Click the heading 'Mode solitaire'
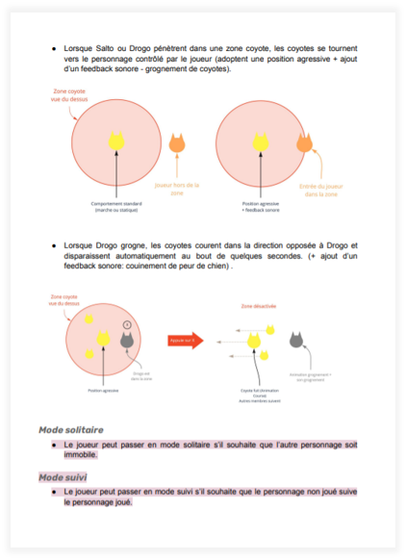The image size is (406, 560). coord(70,429)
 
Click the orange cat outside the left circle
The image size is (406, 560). coord(176,144)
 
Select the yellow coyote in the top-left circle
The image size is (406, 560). coord(116,141)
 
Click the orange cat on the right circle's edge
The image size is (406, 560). coord(305,144)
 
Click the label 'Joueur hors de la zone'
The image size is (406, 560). coord(176,188)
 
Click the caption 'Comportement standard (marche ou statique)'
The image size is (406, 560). coord(116,207)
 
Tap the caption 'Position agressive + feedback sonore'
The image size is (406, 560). coord(257,207)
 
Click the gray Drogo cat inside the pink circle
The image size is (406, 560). coord(126,339)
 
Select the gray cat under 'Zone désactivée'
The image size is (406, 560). coord(297,340)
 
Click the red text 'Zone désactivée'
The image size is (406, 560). coord(258,306)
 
